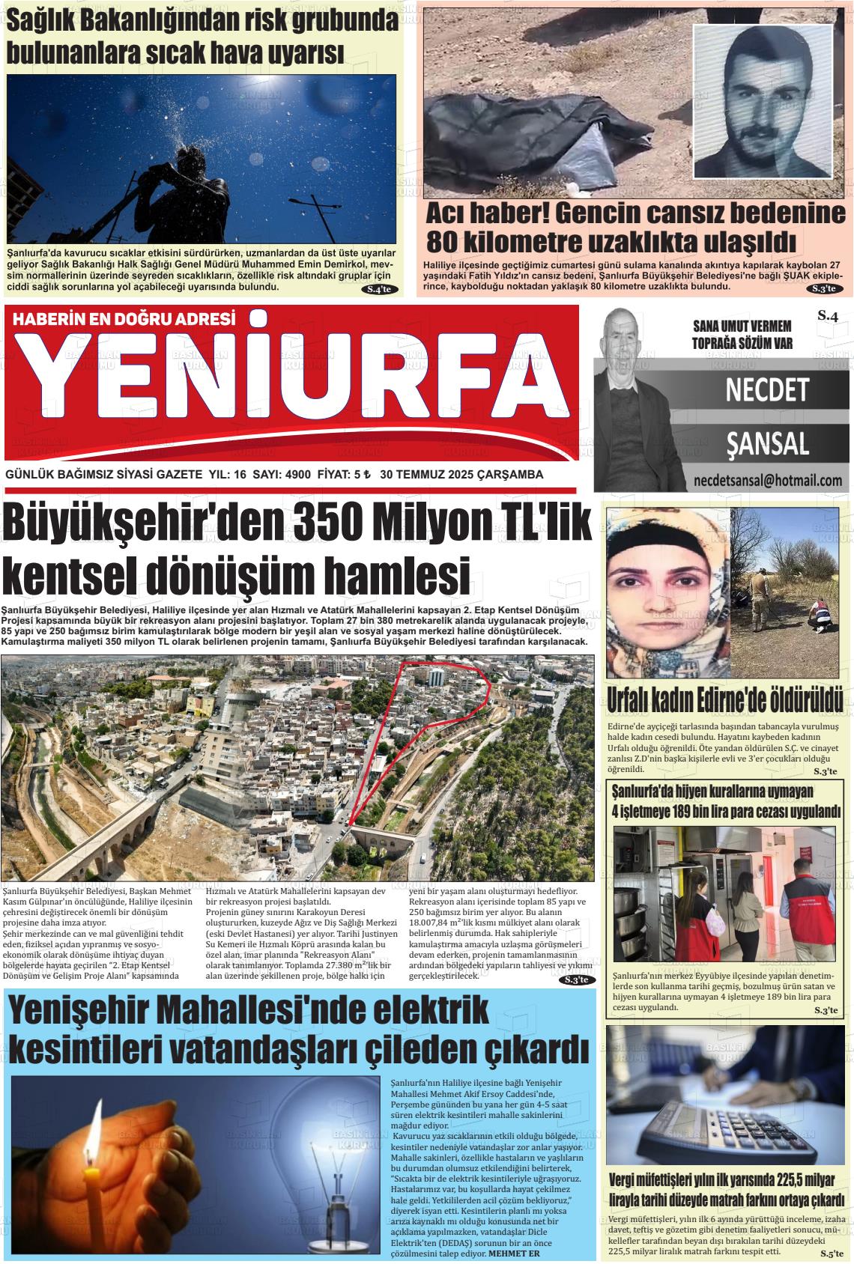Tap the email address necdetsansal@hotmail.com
click(768, 480)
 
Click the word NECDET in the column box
click(767, 389)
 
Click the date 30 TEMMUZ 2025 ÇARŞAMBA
click(461, 475)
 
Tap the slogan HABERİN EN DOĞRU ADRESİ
click(125, 319)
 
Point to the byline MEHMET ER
click(514, 1254)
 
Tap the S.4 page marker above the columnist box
click(827, 317)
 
